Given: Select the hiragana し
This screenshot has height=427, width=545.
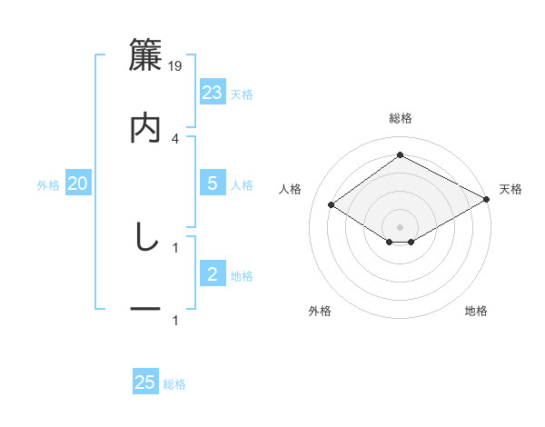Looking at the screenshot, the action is click(145, 237).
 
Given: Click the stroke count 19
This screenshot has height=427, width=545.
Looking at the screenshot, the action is click(176, 65).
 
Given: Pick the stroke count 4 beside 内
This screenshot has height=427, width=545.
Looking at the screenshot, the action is click(175, 138).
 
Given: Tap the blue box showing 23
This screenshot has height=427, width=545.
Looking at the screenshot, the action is click(213, 93).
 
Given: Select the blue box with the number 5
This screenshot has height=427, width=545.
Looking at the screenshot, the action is click(213, 184).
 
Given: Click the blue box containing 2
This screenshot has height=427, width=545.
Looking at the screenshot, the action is click(213, 274).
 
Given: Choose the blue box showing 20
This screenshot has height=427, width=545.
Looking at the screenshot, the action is click(78, 184).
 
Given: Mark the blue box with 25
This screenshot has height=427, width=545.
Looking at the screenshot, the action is click(145, 382).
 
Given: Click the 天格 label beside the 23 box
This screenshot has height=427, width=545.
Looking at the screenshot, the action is click(242, 94).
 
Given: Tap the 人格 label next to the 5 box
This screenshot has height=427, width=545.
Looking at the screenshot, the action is click(242, 184).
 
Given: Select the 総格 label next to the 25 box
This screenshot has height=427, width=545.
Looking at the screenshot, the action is click(174, 383).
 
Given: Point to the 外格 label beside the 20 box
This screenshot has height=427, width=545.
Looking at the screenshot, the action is click(48, 184).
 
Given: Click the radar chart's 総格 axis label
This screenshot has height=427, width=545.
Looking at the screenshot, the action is click(401, 118).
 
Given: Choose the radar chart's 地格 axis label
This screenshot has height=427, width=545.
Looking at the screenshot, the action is click(476, 311).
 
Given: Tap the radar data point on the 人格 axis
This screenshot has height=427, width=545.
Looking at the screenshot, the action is click(332, 205).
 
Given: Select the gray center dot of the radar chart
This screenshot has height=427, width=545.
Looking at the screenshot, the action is click(400, 226).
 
